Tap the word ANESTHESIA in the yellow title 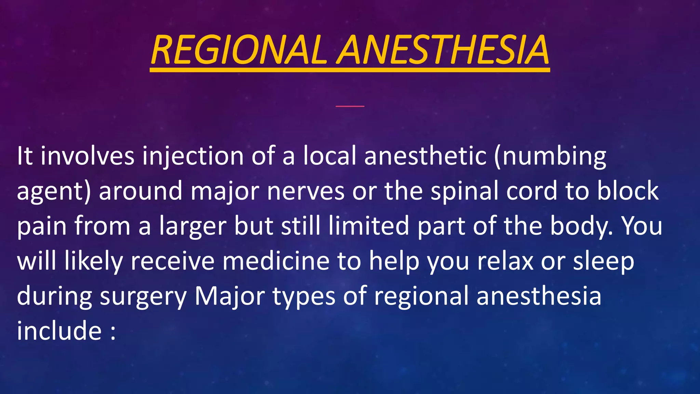443,51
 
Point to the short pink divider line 350,106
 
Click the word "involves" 87,156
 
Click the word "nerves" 306,191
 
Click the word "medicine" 276,261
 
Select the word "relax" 505,261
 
